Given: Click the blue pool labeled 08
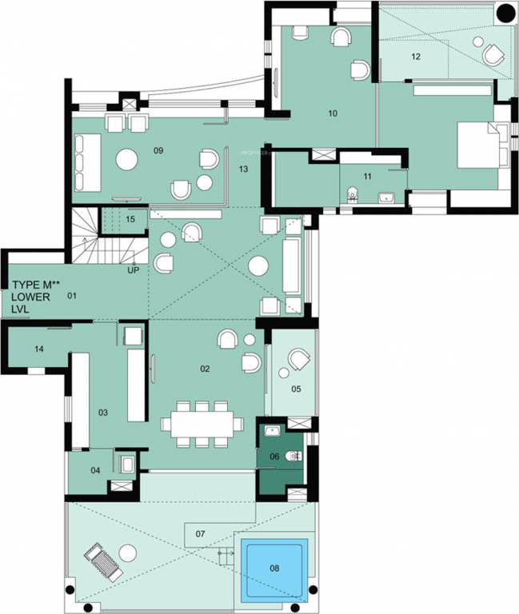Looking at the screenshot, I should (274, 568).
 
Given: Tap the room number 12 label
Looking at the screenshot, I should (416, 57).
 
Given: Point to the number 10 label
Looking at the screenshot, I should (333, 114).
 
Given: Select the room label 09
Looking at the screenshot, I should (158, 150).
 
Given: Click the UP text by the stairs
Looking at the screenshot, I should (134, 270).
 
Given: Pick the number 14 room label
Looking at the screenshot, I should (39, 349).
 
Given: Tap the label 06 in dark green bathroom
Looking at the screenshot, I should (274, 456).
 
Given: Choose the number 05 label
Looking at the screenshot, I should (296, 389).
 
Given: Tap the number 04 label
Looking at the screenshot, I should (95, 470).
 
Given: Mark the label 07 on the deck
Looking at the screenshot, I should (200, 533).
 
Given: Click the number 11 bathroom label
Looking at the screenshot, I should (368, 176).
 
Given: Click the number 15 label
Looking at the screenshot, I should (130, 218).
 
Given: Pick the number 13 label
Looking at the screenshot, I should (244, 169).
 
